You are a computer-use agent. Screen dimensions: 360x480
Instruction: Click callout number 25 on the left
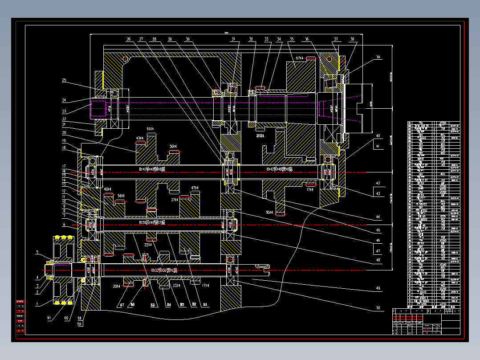click(x=64, y=81)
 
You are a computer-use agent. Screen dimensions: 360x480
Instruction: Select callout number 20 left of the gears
click(x=64, y=133)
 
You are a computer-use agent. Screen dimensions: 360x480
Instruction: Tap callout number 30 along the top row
click(x=187, y=40)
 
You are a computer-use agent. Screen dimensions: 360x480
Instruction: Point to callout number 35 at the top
click(x=292, y=40)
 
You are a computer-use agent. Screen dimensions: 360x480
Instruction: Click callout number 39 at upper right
click(x=378, y=57)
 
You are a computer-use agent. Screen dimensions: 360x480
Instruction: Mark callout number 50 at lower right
click(x=378, y=307)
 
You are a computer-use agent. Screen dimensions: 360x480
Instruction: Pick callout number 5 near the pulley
click(x=38, y=252)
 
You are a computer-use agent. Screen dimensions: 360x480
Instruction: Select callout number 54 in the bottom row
click(x=169, y=305)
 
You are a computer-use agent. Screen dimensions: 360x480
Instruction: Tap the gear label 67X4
click(x=300, y=58)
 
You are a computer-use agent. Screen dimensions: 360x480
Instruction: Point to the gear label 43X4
click(x=140, y=138)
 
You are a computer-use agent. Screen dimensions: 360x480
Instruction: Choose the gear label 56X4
click(x=269, y=212)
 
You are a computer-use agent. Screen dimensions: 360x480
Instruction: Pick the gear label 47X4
click(x=194, y=188)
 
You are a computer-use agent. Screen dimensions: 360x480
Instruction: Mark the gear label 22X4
click(x=148, y=244)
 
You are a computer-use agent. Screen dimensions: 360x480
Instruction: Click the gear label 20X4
click(x=116, y=286)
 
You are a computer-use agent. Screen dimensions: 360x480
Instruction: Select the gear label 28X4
click(x=260, y=135)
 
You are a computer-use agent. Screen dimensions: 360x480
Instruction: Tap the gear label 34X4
click(x=121, y=196)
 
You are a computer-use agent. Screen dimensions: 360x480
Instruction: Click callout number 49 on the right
click(x=378, y=289)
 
